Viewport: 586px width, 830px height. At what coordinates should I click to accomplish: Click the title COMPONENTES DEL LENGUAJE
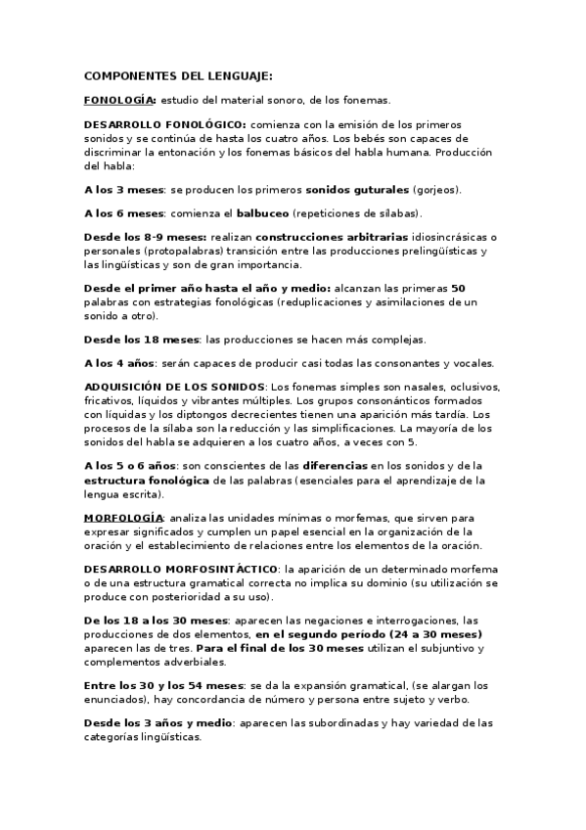(179, 74)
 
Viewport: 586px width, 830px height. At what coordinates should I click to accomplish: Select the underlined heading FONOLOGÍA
(119, 100)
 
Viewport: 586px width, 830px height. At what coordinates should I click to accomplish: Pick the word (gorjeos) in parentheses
(434, 188)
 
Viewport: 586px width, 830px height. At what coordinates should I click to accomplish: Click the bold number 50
(458, 289)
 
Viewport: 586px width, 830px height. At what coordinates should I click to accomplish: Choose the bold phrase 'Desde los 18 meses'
(141, 339)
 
